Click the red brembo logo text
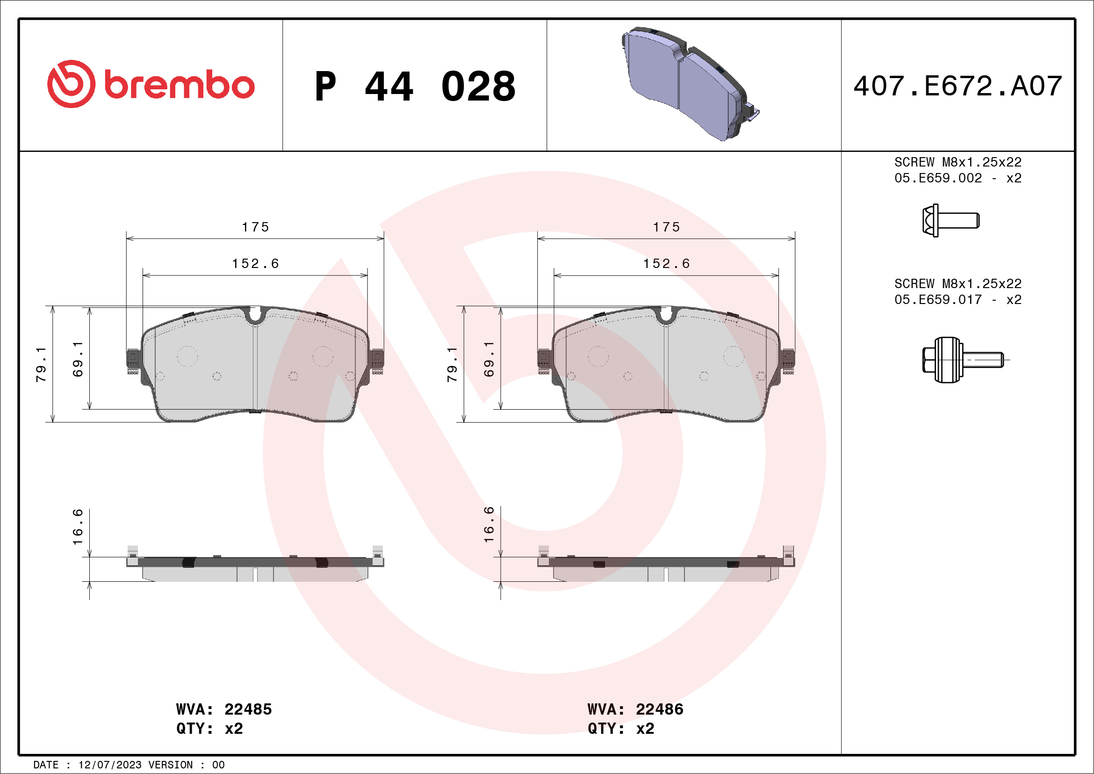click(179, 85)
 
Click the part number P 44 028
click(415, 87)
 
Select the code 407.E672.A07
click(958, 86)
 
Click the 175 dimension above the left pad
click(255, 227)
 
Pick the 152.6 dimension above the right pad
click(667, 264)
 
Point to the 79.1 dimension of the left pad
click(42, 365)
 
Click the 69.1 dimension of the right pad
click(489, 359)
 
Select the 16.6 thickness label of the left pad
click(78, 527)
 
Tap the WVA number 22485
click(248, 709)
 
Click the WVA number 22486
click(660, 709)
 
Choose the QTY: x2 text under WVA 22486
click(621, 729)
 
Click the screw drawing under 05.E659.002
click(950, 221)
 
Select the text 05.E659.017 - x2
click(958, 299)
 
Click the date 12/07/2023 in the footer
click(109, 765)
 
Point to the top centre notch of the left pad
click(255, 315)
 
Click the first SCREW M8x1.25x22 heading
click(958, 162)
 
